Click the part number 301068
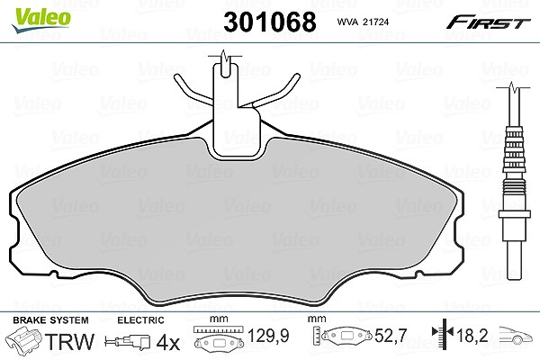tap(270, 22)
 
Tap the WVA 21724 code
tap(363, 22)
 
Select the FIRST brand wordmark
tap(488, 22)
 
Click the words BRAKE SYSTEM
tap(50, 320)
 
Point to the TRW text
tap(69, 341)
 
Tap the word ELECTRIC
tap(140, 320)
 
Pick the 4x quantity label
tap(168, 342)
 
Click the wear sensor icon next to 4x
tap(128, 342)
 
